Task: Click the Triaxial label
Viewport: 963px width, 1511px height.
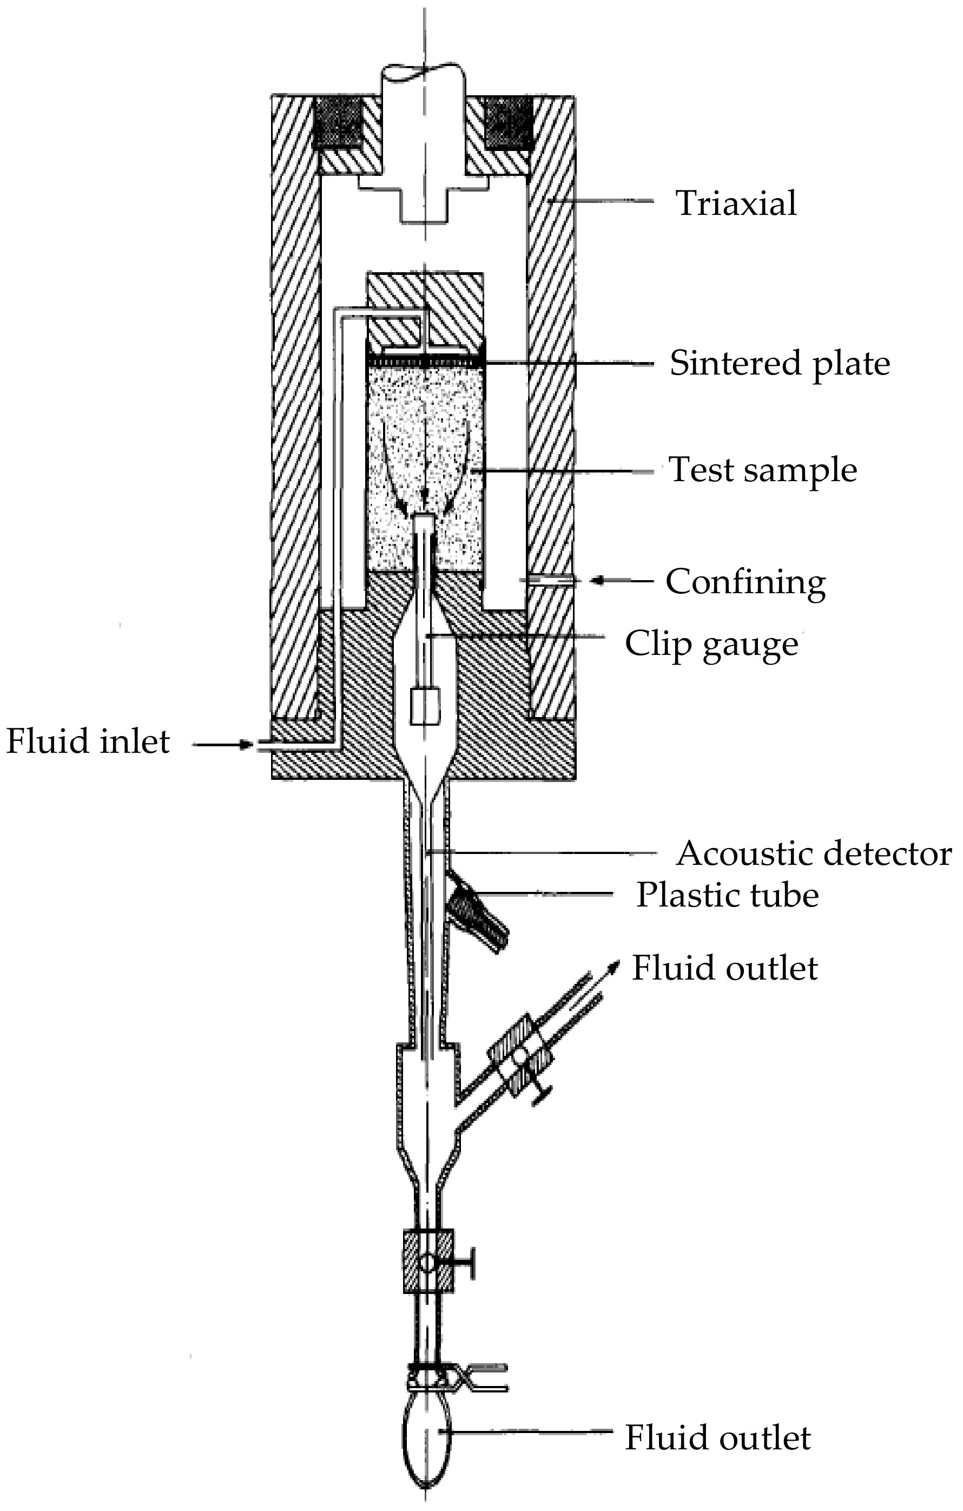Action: click(736, 203)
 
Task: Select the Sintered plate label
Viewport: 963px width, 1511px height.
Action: click(779, 363)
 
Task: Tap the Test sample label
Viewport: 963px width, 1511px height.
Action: click(762, 470)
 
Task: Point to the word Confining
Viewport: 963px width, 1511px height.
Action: click(746, 582)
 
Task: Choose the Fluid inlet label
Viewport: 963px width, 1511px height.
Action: click(88, 741)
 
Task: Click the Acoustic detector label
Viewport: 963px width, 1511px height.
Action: click(814, 853)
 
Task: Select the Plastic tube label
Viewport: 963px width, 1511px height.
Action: click(727, 895)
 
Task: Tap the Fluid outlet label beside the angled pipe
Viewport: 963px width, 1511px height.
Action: click(724, 968)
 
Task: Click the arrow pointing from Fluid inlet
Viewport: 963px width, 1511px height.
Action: click(223, 745)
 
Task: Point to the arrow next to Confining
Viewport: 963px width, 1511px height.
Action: click(621, 581)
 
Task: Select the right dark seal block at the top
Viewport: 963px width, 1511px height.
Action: click(509, 123)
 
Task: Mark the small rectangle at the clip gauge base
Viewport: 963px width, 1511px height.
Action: click(425, 707)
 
